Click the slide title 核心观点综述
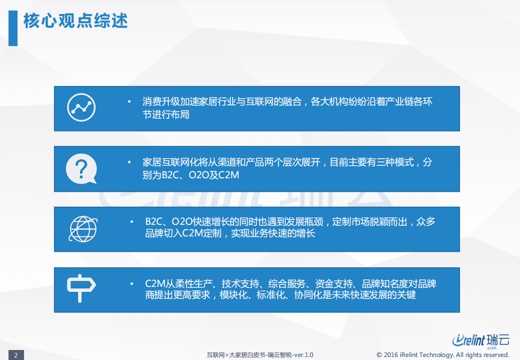[76, 21]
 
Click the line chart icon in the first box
[81, 107]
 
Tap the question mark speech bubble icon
[80, 168]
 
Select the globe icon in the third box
[83, 229]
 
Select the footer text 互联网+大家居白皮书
[236, 355]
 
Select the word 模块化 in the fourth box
[234, 295]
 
